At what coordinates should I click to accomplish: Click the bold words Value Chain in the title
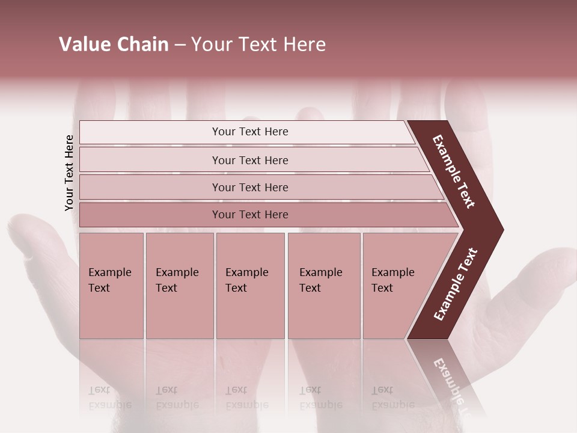tap(114, 45)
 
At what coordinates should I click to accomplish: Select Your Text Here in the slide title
tap(258, 45)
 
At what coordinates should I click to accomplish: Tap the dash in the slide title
tap(180, 45)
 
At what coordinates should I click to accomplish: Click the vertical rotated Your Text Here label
tap(69, 173)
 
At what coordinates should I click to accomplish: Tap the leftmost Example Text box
tap(111, 285)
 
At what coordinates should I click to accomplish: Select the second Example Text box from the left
tap(180, 285)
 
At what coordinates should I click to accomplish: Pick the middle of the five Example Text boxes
tap(250, 285)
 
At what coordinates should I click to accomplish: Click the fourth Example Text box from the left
tap(324, 285)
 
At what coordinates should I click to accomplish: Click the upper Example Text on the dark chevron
tap(454, 171)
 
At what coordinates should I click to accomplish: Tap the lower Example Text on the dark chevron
tap(456, 284)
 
